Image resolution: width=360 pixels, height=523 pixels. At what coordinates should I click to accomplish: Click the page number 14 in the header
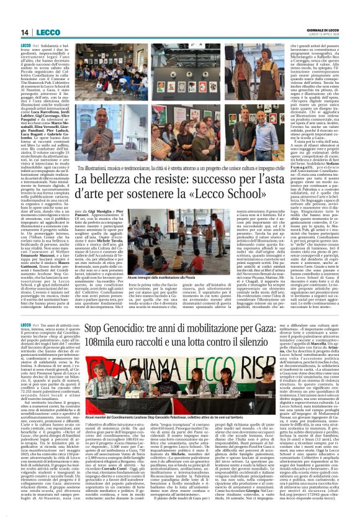pyautogui.click(x=25, y=32)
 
